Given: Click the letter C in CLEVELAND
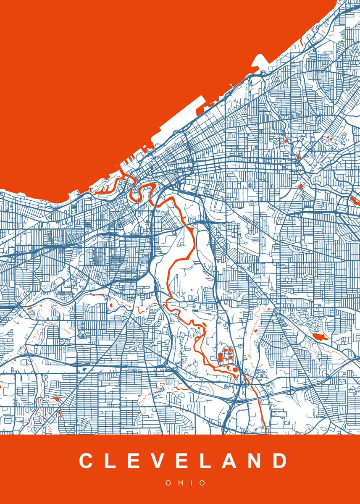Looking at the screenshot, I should coord(86,461).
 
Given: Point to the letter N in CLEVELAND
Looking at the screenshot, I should coord(257,461).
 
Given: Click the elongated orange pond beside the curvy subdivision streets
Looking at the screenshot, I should coord(320,336).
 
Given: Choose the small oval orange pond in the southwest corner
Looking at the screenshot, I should coord(56,398).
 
